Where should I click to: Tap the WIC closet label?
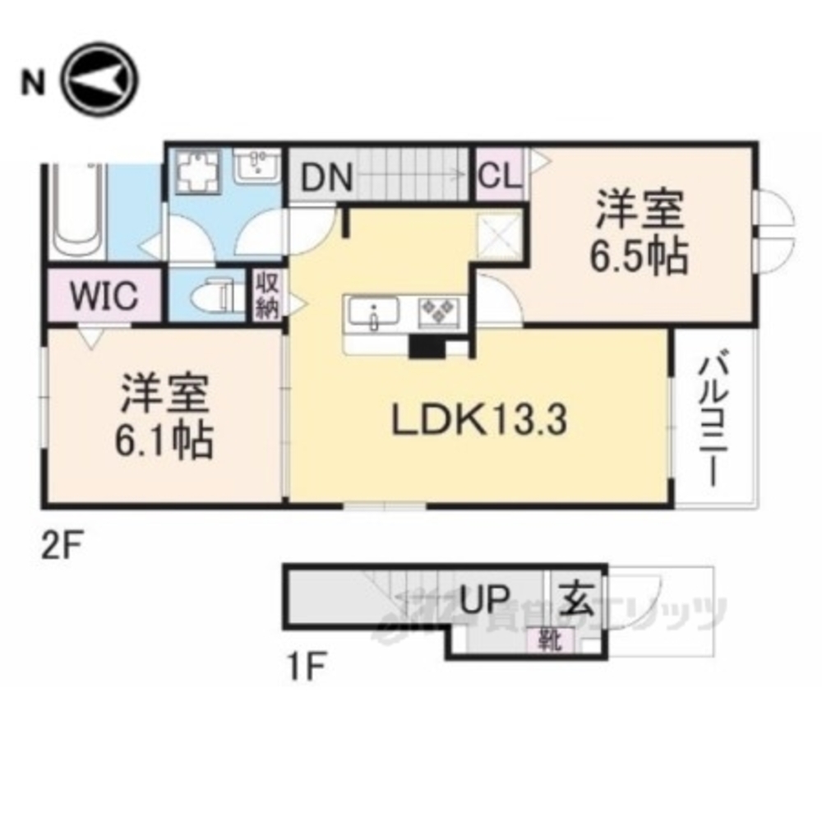coord(104,296)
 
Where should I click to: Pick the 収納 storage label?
coord(266,297)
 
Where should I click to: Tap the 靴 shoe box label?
coord(547,638)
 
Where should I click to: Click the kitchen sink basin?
coord(373,313)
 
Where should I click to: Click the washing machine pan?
coord(196,174)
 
